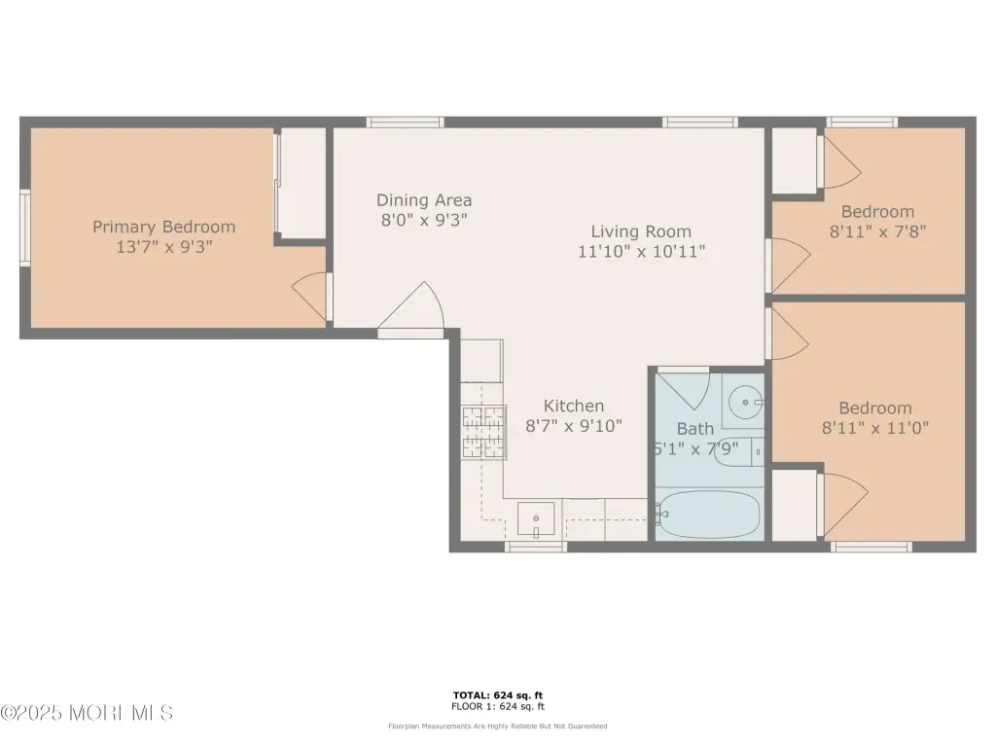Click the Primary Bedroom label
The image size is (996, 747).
[163, 227]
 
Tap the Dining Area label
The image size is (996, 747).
[424, 200]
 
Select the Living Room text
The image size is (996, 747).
[641, 231]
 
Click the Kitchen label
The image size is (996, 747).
[574, 406]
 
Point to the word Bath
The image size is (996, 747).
[694, 429]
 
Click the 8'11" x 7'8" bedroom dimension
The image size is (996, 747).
[878, 231]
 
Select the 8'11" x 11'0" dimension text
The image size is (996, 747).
[875, 428]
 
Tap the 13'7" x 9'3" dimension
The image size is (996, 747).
[163, 247]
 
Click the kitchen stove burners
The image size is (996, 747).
[483, 432]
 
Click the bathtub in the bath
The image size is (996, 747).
[708, 514]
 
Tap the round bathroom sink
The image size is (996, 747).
[745, 402]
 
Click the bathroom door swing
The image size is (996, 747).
[686, 390]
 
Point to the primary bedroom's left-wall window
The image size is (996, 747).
[25, 228]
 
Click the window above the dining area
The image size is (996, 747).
[406, 122]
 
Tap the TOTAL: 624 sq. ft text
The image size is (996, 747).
[498, 695]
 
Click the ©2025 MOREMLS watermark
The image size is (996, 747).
[87, 713]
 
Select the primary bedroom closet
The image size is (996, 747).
[302, 183]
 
